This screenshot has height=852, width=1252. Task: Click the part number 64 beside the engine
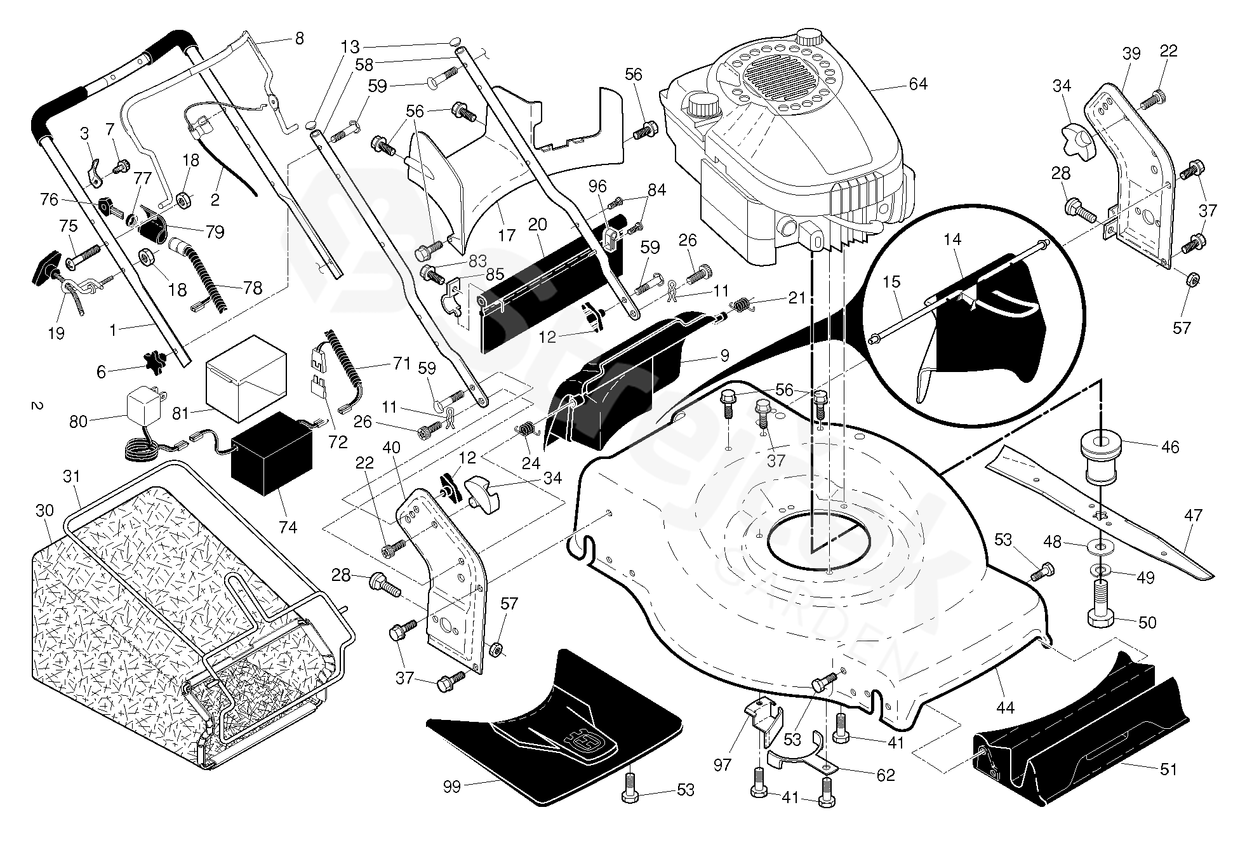[917, 84]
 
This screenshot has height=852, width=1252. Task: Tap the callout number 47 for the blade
[1193, 516]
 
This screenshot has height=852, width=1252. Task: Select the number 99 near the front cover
[452, 787]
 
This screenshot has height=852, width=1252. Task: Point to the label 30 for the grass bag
[44, 510]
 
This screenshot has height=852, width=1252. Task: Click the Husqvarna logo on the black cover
[583, 741]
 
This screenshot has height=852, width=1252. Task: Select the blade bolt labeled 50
[1107, 618]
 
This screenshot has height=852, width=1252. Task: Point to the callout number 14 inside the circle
[952, 240]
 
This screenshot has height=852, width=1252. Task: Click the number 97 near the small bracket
[723, 765]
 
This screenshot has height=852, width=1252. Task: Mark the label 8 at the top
[299, 38]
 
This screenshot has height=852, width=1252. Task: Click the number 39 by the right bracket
[1131, 54]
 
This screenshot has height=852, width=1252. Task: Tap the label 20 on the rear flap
[537, 225]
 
